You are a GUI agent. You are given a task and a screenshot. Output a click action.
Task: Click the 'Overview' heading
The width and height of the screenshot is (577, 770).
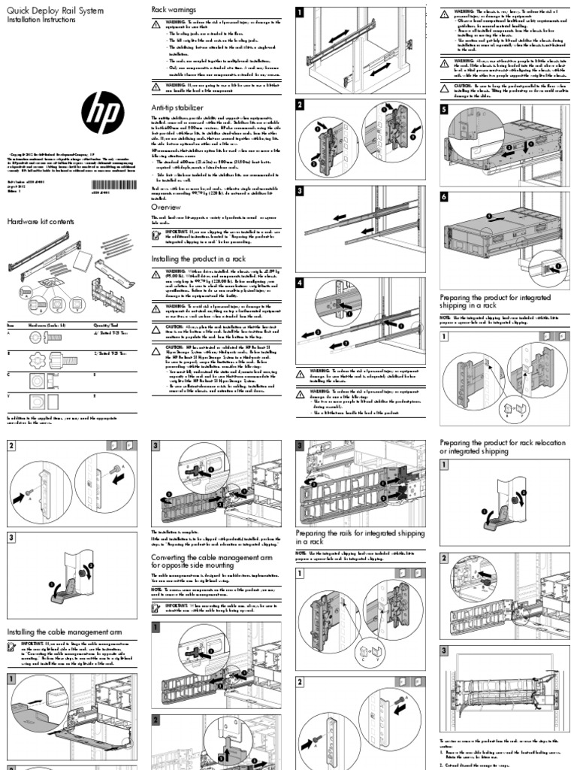[165, 205]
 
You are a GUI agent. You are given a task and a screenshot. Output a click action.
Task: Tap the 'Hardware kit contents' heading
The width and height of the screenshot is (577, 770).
[41, 222]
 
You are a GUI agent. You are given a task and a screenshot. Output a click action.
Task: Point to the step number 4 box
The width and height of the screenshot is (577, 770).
[301, 283]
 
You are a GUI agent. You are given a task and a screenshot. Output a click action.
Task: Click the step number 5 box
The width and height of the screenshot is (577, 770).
[444, 108]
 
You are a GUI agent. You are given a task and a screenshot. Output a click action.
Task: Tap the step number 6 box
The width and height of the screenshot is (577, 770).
[444, 196]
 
